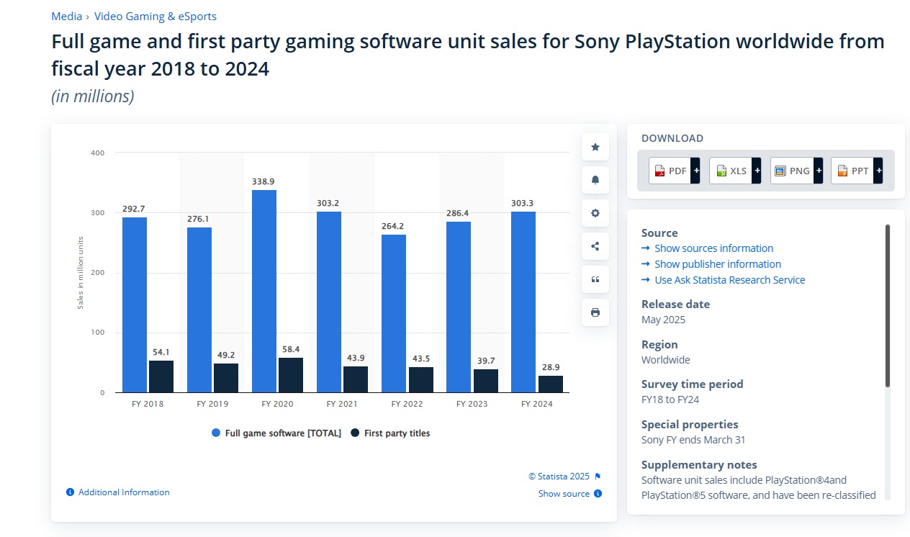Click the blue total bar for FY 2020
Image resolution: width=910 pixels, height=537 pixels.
click(x=264, y=291)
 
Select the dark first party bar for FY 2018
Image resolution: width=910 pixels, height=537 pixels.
click(x=161, y=376)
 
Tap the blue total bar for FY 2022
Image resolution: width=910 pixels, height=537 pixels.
click(x=394, y=313)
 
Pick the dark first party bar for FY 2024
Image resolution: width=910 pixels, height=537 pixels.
click(x=551, y=384)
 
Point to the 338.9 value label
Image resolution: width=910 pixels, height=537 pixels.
click(x=264, y=182)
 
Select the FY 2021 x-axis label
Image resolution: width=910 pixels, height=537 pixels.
click(x=341, y=404)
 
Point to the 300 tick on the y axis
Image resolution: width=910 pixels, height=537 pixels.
click(x=98, y=213)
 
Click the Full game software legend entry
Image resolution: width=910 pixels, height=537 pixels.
click(x=276, y=433)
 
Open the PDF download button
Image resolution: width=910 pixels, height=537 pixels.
click(x=670, y=171)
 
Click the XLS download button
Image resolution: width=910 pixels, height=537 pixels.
click(x=731, y=171)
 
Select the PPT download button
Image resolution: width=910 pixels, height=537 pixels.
click(x=852, y=171)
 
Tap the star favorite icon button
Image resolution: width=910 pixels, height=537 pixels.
click(x=595, y=147)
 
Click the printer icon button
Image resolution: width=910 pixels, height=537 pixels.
click(x=595, y=312)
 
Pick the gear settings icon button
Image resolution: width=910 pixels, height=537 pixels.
click(x=595, y=213)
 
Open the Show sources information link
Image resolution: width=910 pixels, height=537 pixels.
click(x=713, y=248)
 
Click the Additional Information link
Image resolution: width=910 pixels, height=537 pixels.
click(x=124, y=492)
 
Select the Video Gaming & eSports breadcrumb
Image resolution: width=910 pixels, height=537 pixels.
click(x=155, y=16)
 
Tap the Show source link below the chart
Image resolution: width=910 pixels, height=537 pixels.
click(x=564, y=494)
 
